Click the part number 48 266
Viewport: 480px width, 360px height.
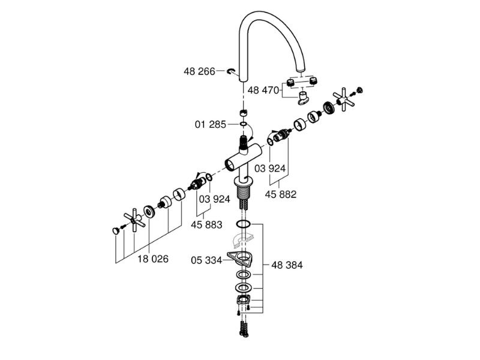(199, 71)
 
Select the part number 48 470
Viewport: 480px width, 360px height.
(263, 91)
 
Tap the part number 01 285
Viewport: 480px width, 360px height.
(211, 124)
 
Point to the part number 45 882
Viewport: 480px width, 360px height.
(280, 194)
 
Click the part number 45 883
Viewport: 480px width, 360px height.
(206, 224)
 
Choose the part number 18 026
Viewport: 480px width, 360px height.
(153, 259)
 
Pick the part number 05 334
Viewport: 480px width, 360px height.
(206, 260)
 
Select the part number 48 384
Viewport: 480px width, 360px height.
(287, 265)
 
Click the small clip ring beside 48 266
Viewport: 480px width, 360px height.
(231, 71)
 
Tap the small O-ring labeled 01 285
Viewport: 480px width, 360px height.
(244, 124)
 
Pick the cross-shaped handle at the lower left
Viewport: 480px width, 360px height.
(134, 220)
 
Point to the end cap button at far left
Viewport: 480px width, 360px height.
(116, 231)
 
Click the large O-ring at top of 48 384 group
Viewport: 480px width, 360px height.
(244, 224)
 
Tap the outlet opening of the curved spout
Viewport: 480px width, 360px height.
(302, 70)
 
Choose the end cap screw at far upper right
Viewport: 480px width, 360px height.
(360, 90)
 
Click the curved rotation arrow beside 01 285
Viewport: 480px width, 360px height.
(251, 131)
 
